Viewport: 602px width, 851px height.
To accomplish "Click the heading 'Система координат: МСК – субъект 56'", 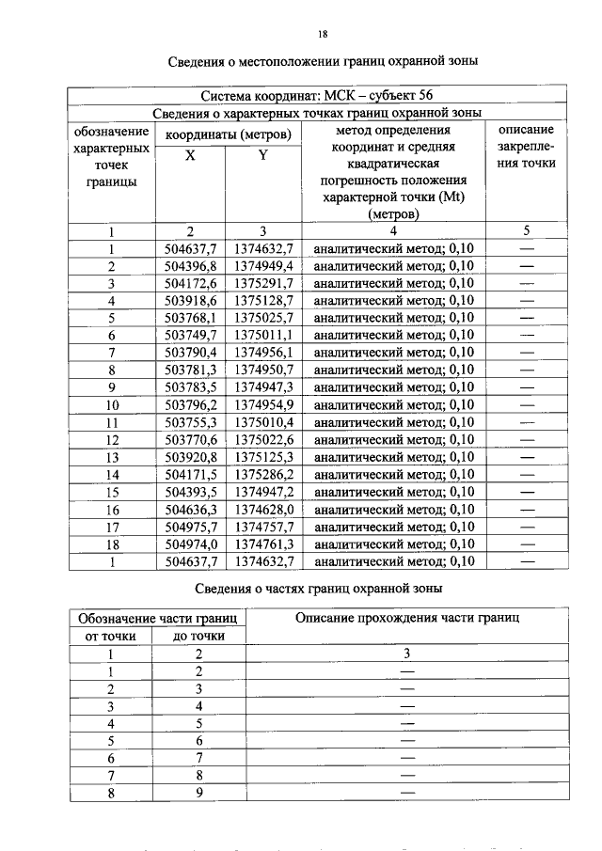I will [317, 95].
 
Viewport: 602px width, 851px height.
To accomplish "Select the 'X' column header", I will [190, 156].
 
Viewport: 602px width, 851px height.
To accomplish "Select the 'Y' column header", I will [263, 156].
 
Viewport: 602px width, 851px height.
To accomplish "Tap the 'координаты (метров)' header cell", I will [228, 134].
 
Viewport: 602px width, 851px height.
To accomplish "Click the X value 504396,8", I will [190, 266].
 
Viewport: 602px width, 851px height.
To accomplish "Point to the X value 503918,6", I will [190, 301].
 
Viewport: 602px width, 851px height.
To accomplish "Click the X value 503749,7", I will [190, 336].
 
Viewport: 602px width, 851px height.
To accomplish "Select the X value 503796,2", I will [190, 405].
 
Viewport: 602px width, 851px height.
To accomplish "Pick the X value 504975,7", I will [190, 528].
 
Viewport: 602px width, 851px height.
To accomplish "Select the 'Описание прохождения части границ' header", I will [407, 618].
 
